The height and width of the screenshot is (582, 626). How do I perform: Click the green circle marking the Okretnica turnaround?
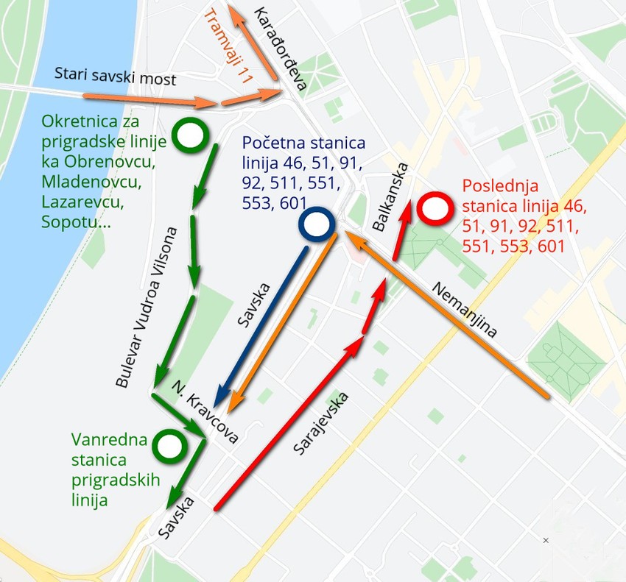tap(189, 137)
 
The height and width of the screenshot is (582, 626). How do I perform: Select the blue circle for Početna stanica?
tap(317, 226)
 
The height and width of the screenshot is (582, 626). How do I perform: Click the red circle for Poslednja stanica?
tap(434, 209)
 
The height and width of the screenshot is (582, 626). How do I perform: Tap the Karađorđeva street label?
tap(280, 48)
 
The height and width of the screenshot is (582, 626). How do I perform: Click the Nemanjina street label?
tap(464, 309)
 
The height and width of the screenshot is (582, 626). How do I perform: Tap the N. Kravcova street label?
tap(205, 412)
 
